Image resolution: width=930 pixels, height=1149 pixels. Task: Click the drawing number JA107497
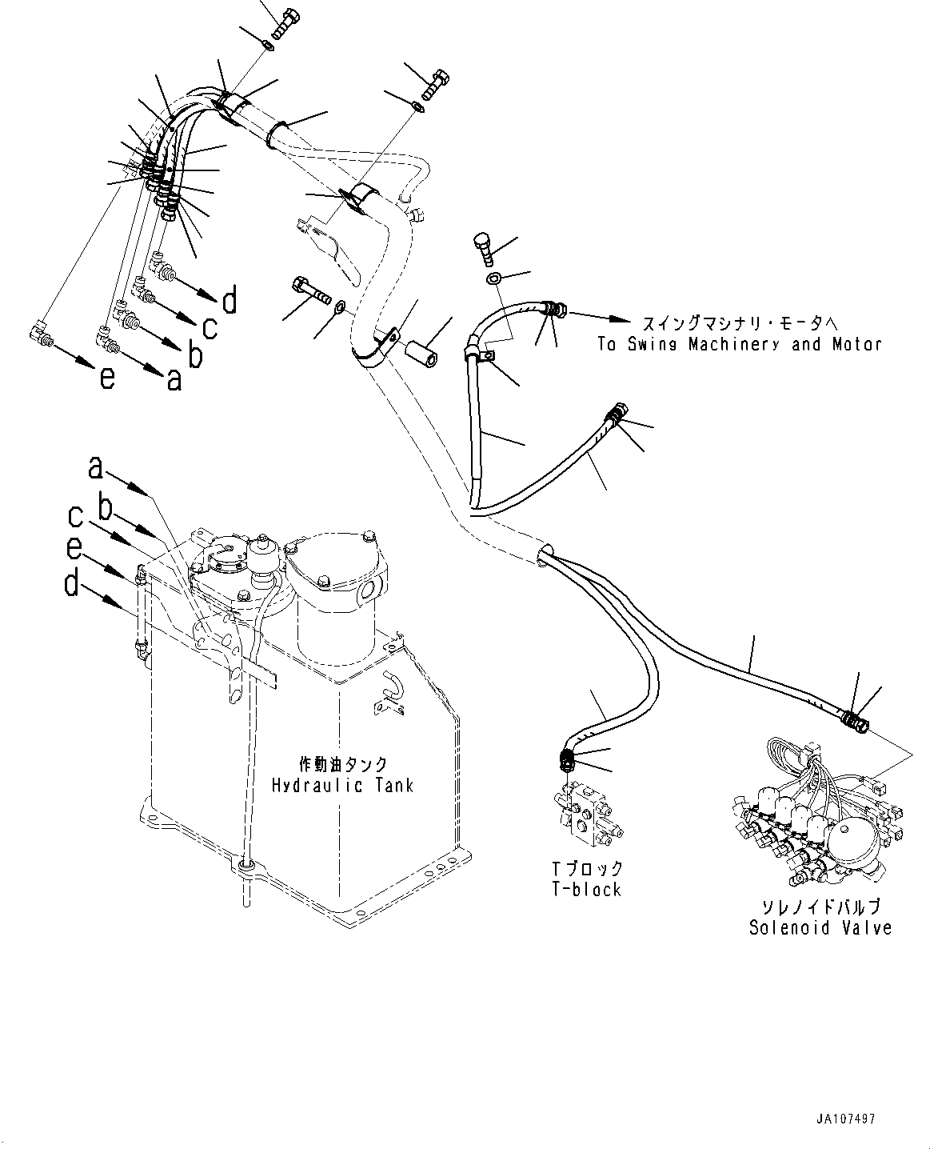[x=845, y=1119]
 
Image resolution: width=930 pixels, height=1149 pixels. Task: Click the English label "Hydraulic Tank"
[x=342, y=786]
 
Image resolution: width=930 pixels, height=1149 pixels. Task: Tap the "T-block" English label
[x=587, y=889]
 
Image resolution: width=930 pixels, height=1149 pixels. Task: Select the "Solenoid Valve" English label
[x=820, y=927]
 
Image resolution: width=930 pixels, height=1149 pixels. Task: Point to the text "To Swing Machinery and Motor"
[x=740, y=343]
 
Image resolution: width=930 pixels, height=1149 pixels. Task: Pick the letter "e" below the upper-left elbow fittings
[x=107, y=378]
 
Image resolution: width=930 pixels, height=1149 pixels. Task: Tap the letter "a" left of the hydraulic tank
[x=95, y=468]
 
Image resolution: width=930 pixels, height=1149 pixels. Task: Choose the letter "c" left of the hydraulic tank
[x=75, y=516]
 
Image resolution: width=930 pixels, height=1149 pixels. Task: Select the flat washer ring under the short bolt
[x=493, y=279]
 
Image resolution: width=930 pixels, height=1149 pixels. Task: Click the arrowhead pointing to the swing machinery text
[x=619, y=319]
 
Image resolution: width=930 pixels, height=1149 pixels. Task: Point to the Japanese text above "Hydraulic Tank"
[x=342, y=764]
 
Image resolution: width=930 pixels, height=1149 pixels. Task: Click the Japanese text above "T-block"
[x=587, y=868]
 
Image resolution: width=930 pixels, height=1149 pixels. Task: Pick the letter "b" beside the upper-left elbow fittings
[x=195, y=354]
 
